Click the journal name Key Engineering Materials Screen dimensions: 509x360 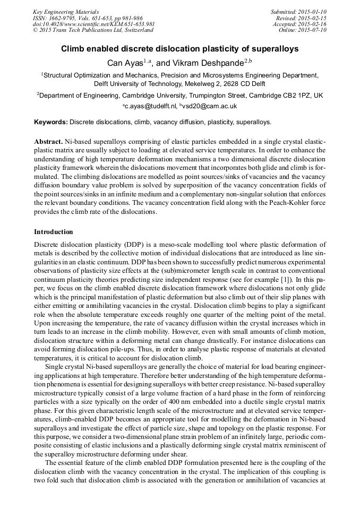click(x=66, y=12)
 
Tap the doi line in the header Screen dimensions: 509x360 click(x=94, y=24)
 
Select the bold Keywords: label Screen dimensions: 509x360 click(x=51, y=122)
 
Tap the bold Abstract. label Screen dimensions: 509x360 click(x=48, y=143)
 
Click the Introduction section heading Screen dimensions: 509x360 click(x=54, y=232)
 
